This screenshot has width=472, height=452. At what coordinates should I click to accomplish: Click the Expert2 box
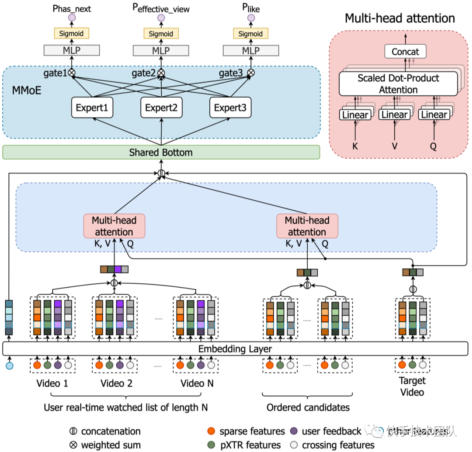[161, 108]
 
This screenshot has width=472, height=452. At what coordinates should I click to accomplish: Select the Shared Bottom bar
[161, 153]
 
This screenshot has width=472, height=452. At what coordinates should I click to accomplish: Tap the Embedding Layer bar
[235, 349]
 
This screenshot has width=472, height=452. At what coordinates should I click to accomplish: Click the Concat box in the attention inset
[405, 52]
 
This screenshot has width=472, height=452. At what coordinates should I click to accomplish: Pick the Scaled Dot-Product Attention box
[398, 84]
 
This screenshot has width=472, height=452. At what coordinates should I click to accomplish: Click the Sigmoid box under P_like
[251, 34]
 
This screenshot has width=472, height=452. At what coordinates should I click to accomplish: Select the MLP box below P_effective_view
[161, 50]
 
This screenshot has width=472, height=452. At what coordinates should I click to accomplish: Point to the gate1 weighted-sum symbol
[72, 73]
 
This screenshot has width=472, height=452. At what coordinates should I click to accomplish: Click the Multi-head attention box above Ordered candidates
[307, 226]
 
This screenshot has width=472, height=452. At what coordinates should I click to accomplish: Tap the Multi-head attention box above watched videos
[114, 226]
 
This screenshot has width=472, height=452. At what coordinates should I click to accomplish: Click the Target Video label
[412, 386]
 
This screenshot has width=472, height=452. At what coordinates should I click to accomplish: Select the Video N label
[198, 383]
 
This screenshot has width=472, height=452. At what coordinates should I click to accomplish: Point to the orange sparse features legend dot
[211, 431]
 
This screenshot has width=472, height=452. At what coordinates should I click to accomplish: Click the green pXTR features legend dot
[211, 445]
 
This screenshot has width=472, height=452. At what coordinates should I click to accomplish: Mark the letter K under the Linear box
[355, 146]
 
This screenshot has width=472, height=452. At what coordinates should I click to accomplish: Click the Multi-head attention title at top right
[399, 18]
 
